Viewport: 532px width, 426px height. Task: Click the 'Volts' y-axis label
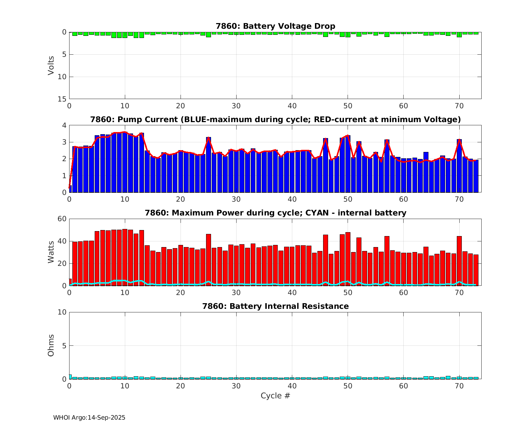pos(51,65)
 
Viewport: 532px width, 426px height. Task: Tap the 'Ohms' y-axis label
pos(51,345)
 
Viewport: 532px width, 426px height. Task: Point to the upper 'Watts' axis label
pos(51,252)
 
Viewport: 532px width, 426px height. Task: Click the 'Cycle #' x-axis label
pos(275,395)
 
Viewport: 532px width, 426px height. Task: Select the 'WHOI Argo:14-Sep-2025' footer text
pos(89,417)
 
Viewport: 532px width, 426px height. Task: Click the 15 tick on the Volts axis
pos(62,99)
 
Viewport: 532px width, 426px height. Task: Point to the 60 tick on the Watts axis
pos(62,219)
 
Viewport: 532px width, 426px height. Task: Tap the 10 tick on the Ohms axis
pos(62,312)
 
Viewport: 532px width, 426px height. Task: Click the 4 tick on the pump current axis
pos(64,125)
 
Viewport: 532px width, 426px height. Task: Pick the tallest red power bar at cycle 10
pos(125,257)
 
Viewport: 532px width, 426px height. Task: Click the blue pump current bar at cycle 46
pos(326,165)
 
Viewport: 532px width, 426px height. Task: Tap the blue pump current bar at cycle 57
pos(387,166)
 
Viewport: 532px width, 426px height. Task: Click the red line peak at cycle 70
pos(459,140)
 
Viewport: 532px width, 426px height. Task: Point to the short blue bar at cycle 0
pos(70,189)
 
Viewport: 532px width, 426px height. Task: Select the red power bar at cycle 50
pos(348,259)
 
